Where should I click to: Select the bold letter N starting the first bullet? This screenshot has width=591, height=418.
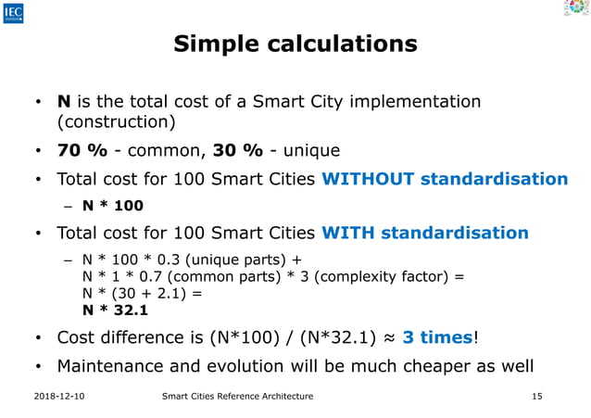pyautogui.click(x=64, y=100)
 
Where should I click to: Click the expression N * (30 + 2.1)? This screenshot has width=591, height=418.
pyautogui.click(x=136, y=292)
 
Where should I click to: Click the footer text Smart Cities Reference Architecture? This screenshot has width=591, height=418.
pyautogui.click(x=237, y=397)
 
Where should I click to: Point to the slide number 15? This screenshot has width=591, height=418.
pyautogui.click(x=536, y=397)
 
